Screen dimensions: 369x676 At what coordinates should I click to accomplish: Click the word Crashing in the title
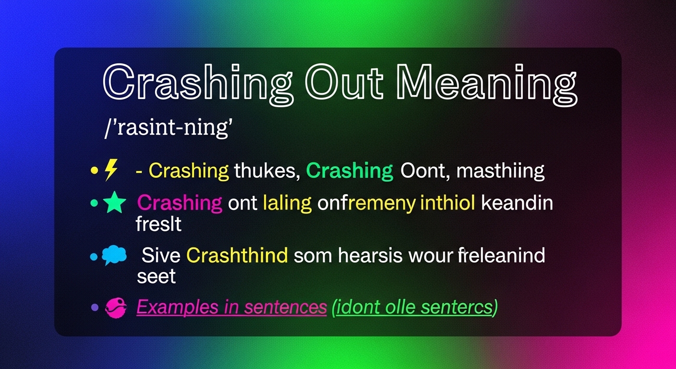(197, 86)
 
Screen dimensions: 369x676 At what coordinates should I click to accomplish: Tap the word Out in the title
(344, 86)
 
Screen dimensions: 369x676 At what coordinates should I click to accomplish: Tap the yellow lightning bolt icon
(111, 170)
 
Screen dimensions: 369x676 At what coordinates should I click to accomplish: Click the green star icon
(115, 203)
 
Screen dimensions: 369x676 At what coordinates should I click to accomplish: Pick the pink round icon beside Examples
(115, 307)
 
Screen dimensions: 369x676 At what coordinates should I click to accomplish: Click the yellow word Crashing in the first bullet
(189, 171)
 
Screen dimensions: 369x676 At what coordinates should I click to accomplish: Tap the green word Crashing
(350, 171)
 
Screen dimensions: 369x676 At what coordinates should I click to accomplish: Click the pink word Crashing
(180, 203)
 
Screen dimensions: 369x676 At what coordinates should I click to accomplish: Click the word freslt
(159, 224)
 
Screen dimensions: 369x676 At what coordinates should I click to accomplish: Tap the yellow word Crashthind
(237, 256)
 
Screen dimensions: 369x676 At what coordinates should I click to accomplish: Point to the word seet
(156, 276)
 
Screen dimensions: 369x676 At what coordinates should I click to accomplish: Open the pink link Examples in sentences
(231, 307)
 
